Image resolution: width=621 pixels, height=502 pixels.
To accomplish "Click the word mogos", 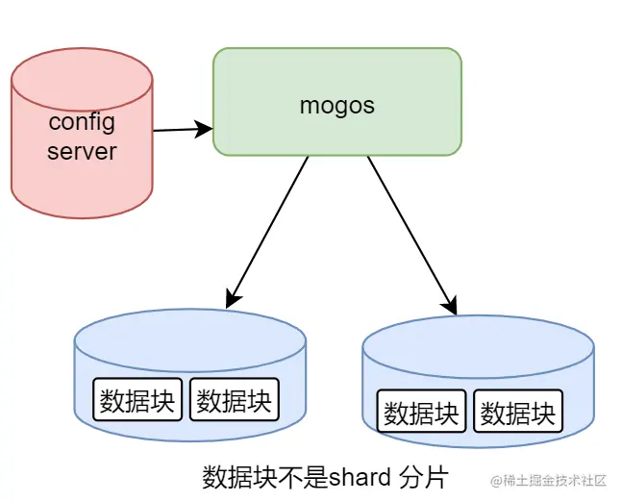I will point(336,105).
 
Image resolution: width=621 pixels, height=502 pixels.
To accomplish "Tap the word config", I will point(82,123).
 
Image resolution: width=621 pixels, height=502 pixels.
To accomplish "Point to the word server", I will point(82,151).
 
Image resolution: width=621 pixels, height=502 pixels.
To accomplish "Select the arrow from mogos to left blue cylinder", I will point(268,231).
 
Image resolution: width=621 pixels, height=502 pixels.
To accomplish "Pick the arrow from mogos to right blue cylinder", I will point(409,231).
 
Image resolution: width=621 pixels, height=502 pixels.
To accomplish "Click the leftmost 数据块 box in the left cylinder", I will point(137,399).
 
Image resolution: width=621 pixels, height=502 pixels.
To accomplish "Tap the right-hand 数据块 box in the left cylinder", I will point(235,399).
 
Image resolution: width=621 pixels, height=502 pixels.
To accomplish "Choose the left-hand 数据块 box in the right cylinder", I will point(421,412).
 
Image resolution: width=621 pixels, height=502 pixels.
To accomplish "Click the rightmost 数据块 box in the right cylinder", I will point(518,412).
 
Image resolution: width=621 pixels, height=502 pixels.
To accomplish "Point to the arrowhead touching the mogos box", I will point(204,128).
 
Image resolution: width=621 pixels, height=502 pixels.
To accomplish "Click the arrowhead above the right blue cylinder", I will point(450,306).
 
